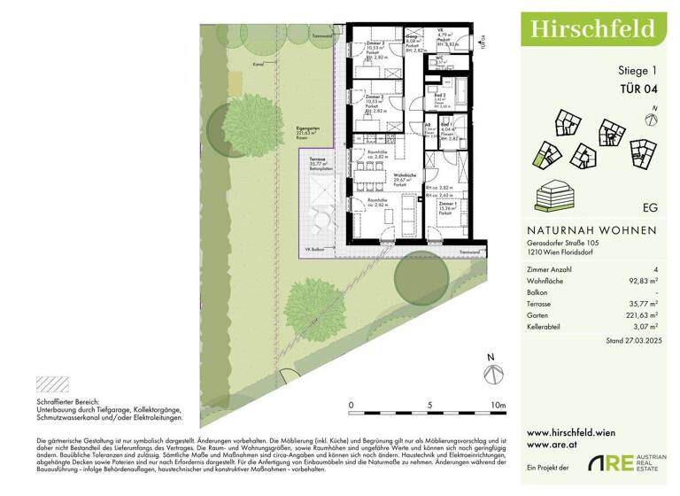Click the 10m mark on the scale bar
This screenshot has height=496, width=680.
click(x=497, y=406)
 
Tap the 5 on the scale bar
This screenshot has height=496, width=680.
click(x=429, y=406)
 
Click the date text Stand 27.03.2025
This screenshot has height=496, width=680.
click(x=630, y=340)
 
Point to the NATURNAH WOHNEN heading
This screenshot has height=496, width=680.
click(x=586, y=231)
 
